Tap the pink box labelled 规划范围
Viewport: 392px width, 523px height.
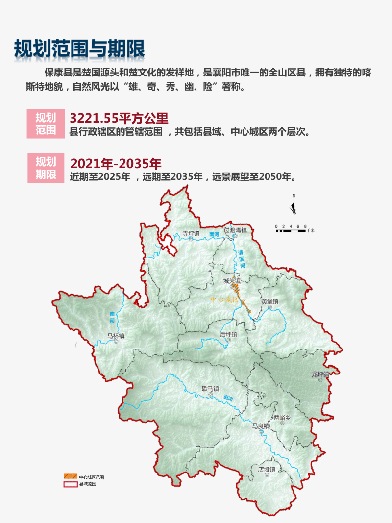tap(46, 124)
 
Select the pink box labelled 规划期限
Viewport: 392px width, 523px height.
tap(46, 168)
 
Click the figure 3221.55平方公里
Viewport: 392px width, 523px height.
tap(119, 118)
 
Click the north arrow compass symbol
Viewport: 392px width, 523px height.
tap(294, 206)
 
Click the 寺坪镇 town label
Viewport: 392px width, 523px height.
tap(191, 234)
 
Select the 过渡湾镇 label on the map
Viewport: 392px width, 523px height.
tap(235, 230)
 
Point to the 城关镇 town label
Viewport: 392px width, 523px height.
tap(232, 281)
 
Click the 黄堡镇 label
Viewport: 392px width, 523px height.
tap(269, 301)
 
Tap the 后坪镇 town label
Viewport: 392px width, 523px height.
tap(228, 334)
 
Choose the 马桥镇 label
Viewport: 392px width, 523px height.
tap(116, 336)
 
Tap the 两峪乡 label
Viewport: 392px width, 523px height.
tap(282, 417)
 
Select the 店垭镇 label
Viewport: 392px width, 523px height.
tap(267, 469)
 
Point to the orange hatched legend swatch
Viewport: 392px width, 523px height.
tap(70, 476)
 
